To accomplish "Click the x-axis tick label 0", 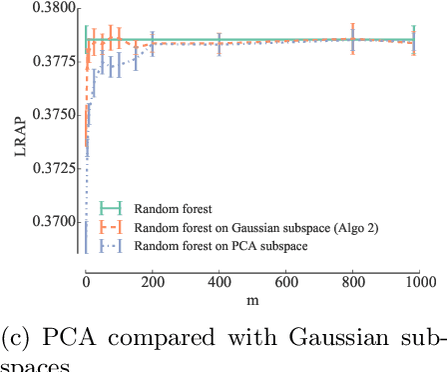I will click(86, 283).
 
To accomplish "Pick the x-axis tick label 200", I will click(152, 283).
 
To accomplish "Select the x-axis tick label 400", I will click(219, 283).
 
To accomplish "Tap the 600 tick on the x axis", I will click(285, 283).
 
